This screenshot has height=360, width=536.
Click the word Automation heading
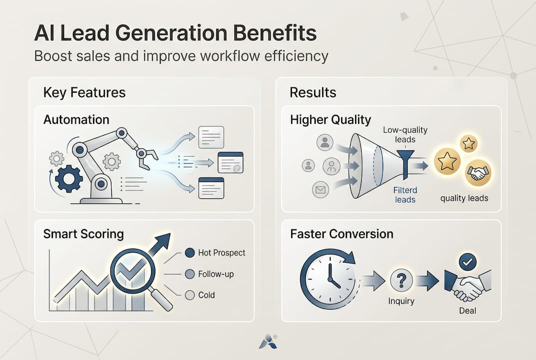coord(76,120)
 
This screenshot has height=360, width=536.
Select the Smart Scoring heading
coord(83,234)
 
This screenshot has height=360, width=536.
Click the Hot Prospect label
coord(221,253)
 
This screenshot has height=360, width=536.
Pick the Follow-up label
coord(215,274)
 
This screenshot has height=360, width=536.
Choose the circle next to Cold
coord(189,295)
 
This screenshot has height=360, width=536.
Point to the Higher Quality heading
coord(330,120)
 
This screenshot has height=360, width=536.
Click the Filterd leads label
coord(405,195)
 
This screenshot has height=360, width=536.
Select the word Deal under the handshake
coord(468,311)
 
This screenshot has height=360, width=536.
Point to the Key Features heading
coord(84,93)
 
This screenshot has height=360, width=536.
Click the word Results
coord(313,93)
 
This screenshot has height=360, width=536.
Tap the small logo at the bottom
coord(268,341)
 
